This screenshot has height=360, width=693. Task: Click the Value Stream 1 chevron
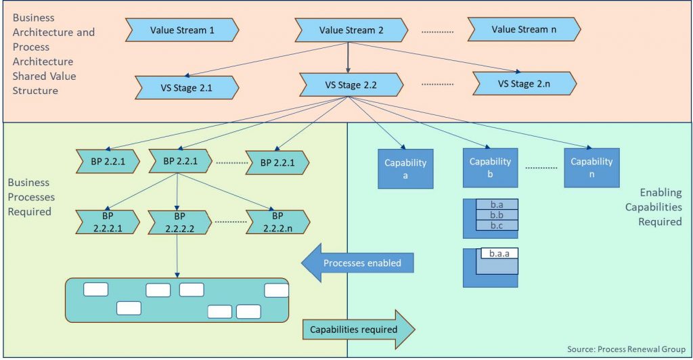[182, 30]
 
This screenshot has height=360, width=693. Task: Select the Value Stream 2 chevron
[351, 30]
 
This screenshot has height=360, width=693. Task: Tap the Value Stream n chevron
[523, 30]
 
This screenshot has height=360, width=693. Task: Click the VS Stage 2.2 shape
[351, 86]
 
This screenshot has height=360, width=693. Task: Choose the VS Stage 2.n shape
[524, 84]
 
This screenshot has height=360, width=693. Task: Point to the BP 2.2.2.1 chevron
[108, 221]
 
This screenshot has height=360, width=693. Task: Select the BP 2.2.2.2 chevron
[177, 221]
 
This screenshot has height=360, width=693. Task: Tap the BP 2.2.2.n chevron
[277, 221]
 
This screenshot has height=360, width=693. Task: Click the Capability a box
[405, 168]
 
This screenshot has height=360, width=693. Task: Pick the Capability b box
[490, 167]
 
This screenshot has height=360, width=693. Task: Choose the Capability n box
[591, 167]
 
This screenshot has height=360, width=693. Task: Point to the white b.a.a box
[499, 254]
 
